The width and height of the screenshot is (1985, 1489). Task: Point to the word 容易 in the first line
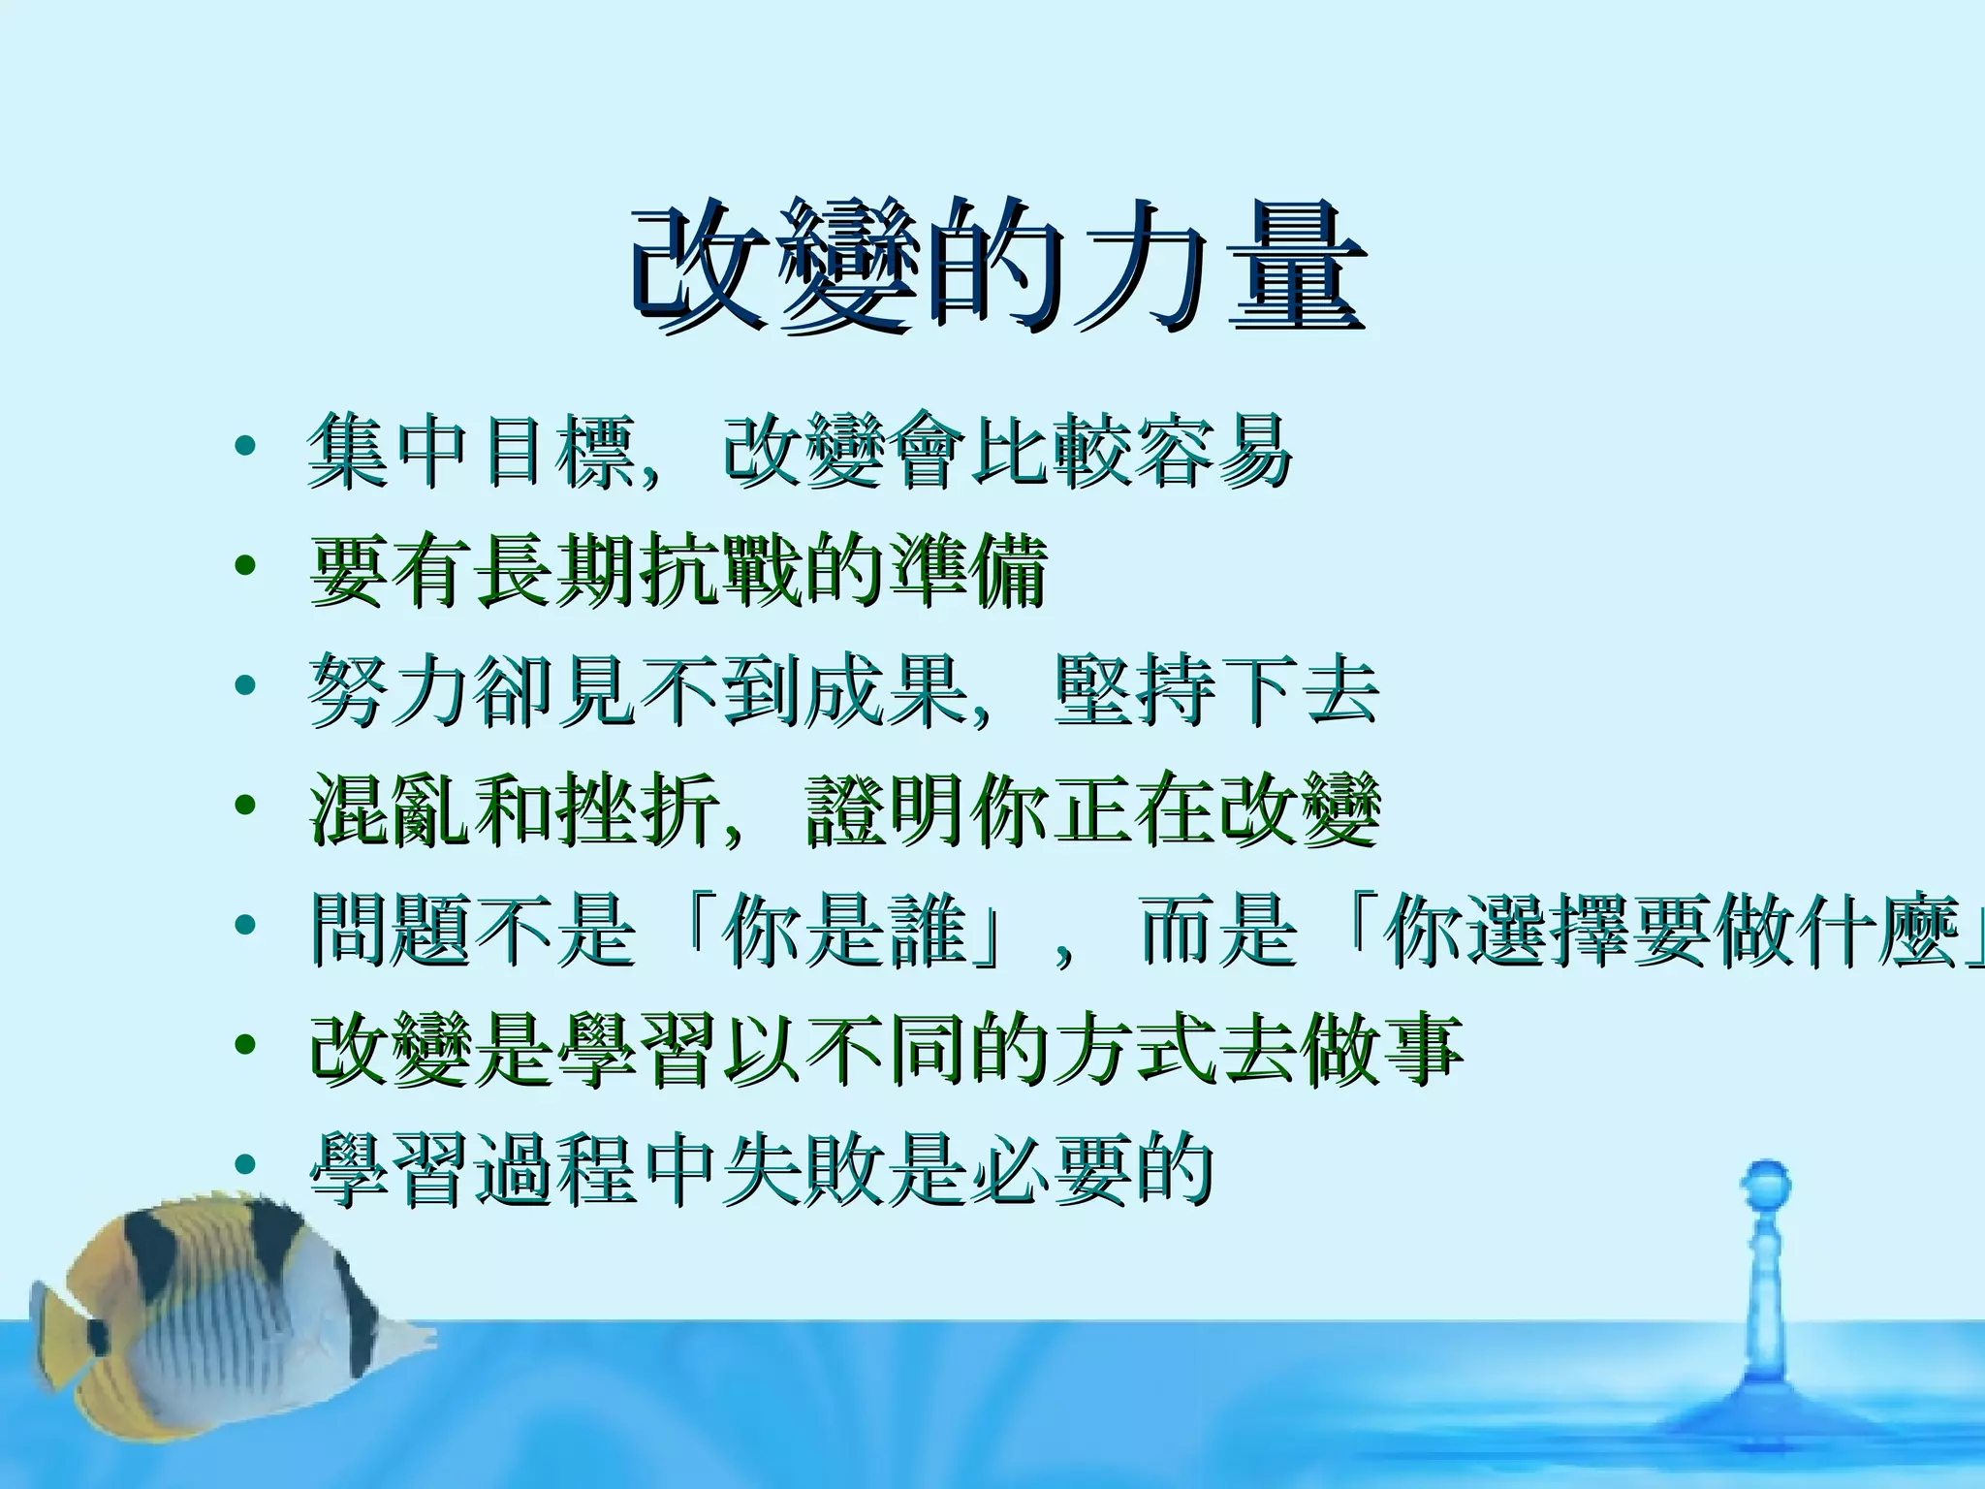pyautogui.click(x=1213, y=452)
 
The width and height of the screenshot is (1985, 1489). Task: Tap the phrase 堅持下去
pyautogui.click(x=1217, y=690)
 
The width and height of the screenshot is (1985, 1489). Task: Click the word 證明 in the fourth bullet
pyautogui.click(x=887, y=810)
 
